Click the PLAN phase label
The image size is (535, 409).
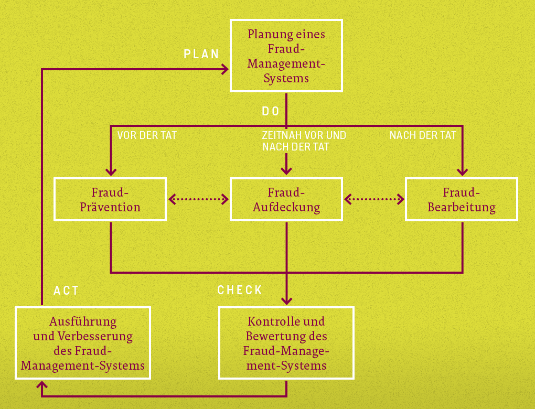(x=201, y=54)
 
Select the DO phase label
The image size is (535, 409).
(x=271, y=111)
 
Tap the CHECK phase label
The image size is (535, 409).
(x=240, y=290)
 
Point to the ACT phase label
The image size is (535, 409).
(x=66, y=290)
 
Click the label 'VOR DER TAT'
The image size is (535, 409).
(x=147, y=135)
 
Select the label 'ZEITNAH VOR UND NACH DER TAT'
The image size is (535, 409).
(x=304, y=141)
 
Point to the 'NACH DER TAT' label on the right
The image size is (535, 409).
(x=423, y=135)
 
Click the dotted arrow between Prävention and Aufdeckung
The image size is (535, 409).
(x=199, y=199)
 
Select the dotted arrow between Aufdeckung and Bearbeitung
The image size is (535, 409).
(x=374, y=199)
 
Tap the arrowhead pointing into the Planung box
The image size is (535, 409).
(x=225, y=69)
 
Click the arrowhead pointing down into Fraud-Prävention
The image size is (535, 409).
(x=111, y=171)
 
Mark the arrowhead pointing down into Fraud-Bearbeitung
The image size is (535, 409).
(x=462, y=171)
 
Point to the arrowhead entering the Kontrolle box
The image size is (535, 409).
(x=286, y=300)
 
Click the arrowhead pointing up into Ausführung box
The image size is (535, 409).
(x=41, y=385)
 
